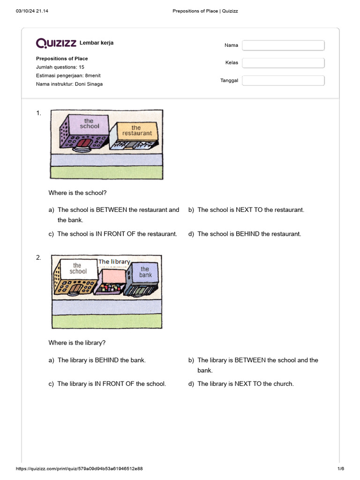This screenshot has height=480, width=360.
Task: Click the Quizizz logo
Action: point(56,43)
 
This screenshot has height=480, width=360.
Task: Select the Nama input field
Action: point(283,45)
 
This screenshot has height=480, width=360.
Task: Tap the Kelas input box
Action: point(283,63)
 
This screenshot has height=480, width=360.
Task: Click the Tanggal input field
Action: point(283,81)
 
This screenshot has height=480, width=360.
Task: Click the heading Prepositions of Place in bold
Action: point(62,59)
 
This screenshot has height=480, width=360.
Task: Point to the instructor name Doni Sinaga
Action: point(89,84)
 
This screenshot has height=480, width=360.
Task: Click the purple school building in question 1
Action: point(84,132)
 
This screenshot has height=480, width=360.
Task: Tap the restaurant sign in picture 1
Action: point(137,131)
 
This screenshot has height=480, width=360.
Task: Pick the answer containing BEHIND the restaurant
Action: point(245,234)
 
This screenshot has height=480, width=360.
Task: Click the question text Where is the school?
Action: point(77,193)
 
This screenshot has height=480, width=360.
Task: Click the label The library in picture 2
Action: point(114,262)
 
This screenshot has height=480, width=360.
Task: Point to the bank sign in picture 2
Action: point(145,272)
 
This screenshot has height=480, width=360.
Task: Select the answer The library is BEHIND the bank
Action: point(97,360)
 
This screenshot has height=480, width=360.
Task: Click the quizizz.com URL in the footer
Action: point(79,469)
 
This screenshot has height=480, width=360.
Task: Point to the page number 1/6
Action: point(341,469)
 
